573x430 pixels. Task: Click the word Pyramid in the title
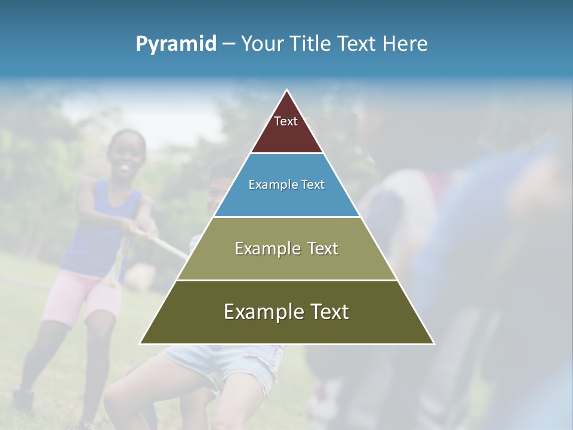175,44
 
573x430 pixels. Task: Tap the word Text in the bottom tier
325,312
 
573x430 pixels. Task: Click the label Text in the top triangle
286,121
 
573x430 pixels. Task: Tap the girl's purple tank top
98,233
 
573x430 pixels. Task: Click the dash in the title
229,44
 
